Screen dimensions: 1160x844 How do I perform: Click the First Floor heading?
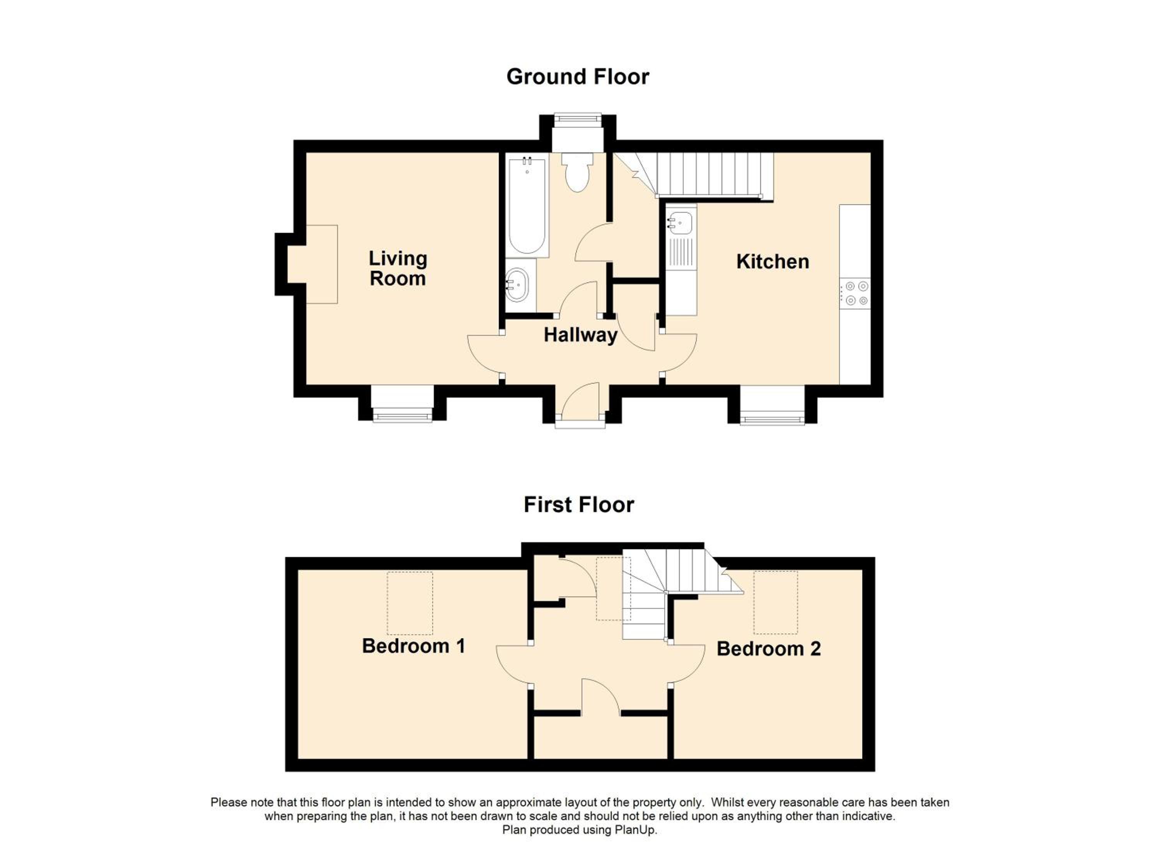[578, 505]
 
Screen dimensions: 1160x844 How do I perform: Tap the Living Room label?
[398, 268]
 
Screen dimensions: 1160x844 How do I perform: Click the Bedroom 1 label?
[413, 646]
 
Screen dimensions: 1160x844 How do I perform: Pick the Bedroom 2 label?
[768, 649]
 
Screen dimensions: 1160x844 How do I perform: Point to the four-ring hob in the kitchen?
[855, 293]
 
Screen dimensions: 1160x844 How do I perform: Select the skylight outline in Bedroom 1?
[410, 603]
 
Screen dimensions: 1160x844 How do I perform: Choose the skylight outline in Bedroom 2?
[775, 602]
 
